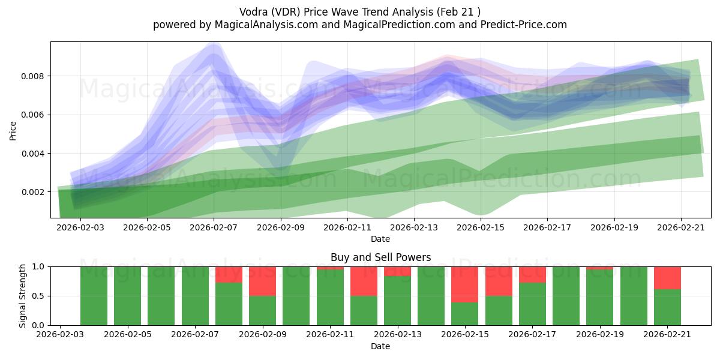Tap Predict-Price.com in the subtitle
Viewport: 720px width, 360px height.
524,25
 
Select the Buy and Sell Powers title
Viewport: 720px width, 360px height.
380,257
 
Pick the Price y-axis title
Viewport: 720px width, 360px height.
13,131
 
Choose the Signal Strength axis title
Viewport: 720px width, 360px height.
22,296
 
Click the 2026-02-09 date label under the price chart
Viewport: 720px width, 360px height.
281,227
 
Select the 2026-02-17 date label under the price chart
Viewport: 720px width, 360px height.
547,227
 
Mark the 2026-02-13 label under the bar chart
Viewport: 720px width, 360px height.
398,334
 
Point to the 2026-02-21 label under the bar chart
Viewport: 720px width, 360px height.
667,334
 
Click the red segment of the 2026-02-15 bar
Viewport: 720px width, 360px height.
465,284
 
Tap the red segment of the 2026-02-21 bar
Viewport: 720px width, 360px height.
667,278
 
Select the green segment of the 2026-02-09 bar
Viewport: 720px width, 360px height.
263,311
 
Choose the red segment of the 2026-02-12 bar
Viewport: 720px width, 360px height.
364,281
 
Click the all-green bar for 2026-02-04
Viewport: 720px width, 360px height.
94,296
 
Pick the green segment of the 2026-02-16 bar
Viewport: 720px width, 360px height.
499,311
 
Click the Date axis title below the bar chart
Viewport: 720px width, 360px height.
380,346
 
